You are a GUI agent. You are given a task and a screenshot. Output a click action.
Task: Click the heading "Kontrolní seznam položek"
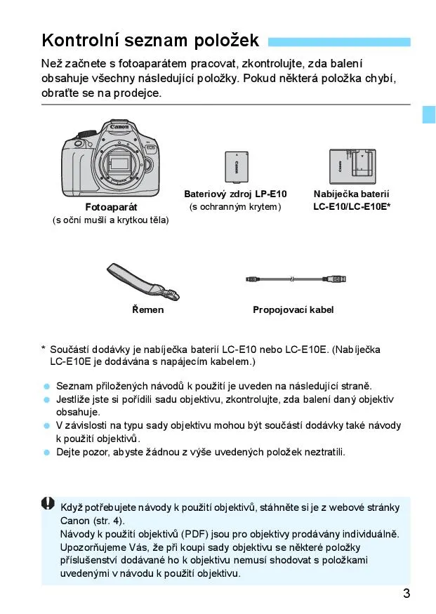150,40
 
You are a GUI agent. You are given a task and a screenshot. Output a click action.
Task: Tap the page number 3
407,594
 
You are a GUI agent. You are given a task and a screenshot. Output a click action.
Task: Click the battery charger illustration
352,166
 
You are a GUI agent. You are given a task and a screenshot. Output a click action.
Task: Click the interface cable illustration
296,279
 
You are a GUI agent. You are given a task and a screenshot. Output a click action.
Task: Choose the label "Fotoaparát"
111,207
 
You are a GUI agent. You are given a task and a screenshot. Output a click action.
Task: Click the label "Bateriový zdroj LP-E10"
235,194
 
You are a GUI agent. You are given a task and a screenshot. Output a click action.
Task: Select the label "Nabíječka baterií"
351,194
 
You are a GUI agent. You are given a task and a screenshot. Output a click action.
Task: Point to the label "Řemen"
147,309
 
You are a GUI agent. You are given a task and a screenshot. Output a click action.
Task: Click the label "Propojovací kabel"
293,309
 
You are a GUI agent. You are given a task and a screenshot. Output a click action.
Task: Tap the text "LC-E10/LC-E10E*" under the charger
352,206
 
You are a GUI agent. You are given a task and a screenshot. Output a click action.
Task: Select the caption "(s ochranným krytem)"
235,206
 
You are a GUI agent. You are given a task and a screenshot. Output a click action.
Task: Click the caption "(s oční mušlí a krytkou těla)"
111,220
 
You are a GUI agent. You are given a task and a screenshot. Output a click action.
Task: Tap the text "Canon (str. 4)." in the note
91,521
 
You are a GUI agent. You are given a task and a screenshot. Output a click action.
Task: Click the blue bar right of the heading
339,41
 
